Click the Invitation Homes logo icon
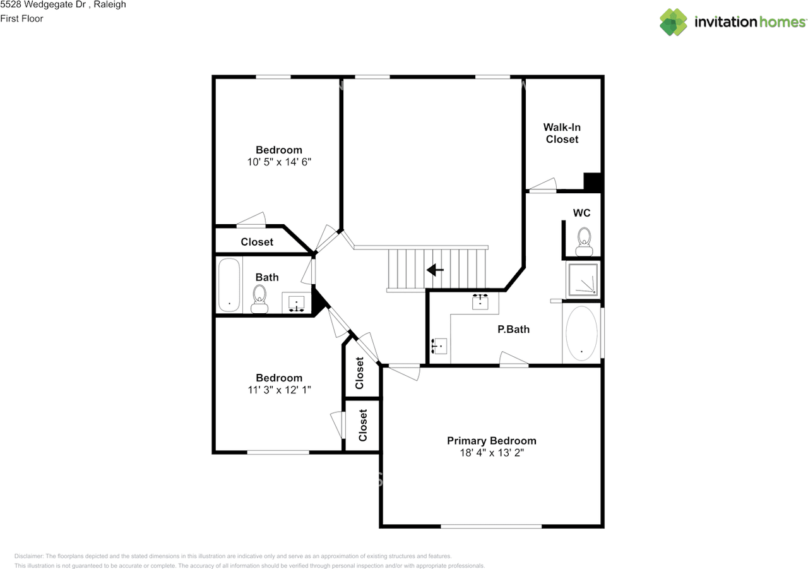tap(674, 22)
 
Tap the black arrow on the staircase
tap(435, 270)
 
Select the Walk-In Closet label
tap(562, 133)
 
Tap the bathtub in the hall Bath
tap(229, 285)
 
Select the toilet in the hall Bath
tap(259, 298)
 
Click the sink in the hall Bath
tap(297, 303)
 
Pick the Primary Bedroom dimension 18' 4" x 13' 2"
tap(491, 453)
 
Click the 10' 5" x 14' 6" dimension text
tap(278, 162)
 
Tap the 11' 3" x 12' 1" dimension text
tap(278, 390)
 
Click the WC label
tap(581, 213)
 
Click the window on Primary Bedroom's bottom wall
tap(491, 525)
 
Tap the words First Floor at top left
tap(22, 18)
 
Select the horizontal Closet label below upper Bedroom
tap(257, 242)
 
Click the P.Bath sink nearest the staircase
tap(482, 301)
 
